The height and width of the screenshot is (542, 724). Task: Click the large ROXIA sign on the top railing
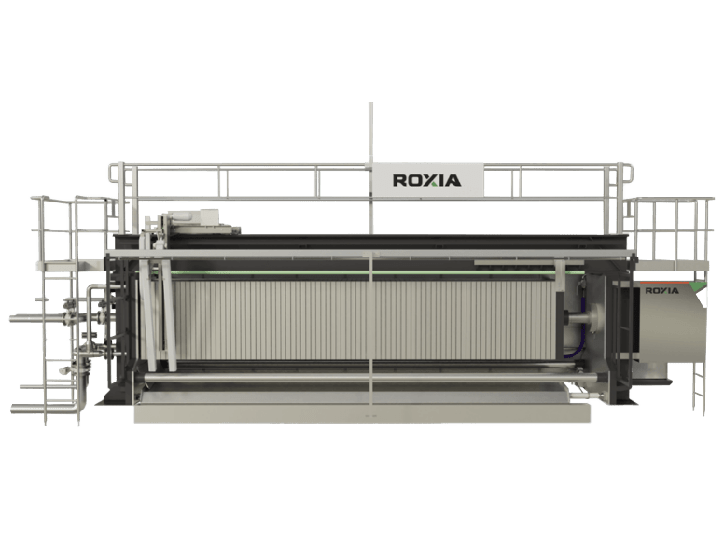(x=427, y=180)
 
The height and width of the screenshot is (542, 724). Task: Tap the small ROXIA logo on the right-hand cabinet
(x=661, y=291)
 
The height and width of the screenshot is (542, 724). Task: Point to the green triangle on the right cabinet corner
(x=699, y=286)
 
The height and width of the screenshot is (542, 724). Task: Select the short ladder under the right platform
(x=700, y=387)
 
